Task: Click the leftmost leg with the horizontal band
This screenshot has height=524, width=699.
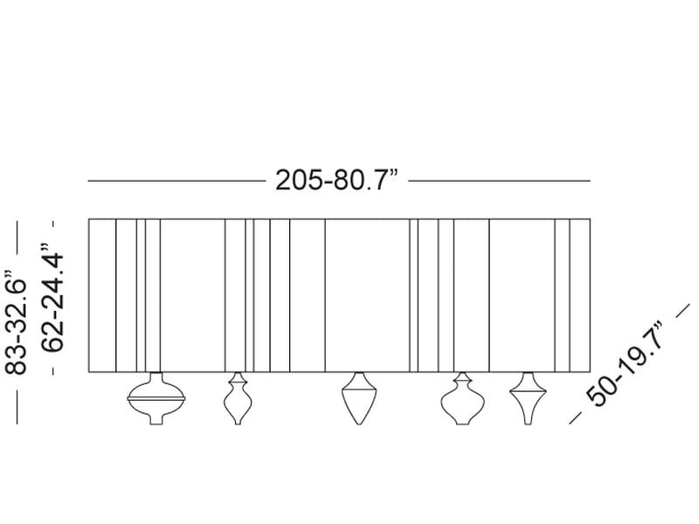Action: coord(157,399)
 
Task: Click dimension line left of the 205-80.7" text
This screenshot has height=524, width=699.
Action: coord(175,181)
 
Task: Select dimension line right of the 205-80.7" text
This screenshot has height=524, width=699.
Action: coord(500,181)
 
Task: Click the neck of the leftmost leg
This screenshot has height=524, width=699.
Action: coord(157,377)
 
